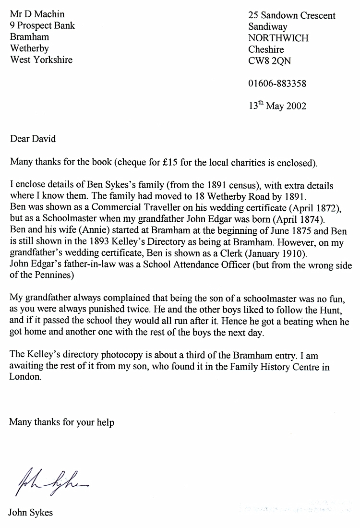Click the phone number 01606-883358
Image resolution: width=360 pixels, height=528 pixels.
coord(277,84)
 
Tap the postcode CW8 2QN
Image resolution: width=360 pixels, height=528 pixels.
coord(269,61)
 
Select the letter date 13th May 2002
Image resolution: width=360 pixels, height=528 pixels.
coord(277,106)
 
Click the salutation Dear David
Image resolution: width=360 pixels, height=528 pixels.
coord(33,139)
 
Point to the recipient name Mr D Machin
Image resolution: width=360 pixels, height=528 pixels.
coord(37,14)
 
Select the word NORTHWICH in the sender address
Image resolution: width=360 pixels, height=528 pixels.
coord(278,38)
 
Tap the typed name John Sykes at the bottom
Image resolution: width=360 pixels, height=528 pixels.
coord(30,513)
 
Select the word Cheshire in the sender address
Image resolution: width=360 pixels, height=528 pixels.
coord(266,49)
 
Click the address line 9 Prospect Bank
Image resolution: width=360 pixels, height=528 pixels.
coord(42,25)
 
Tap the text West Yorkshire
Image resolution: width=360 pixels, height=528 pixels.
coord(41,60)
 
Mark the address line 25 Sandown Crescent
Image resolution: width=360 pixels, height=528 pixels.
coord(292,15)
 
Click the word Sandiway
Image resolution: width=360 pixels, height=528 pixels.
coord(267,27)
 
